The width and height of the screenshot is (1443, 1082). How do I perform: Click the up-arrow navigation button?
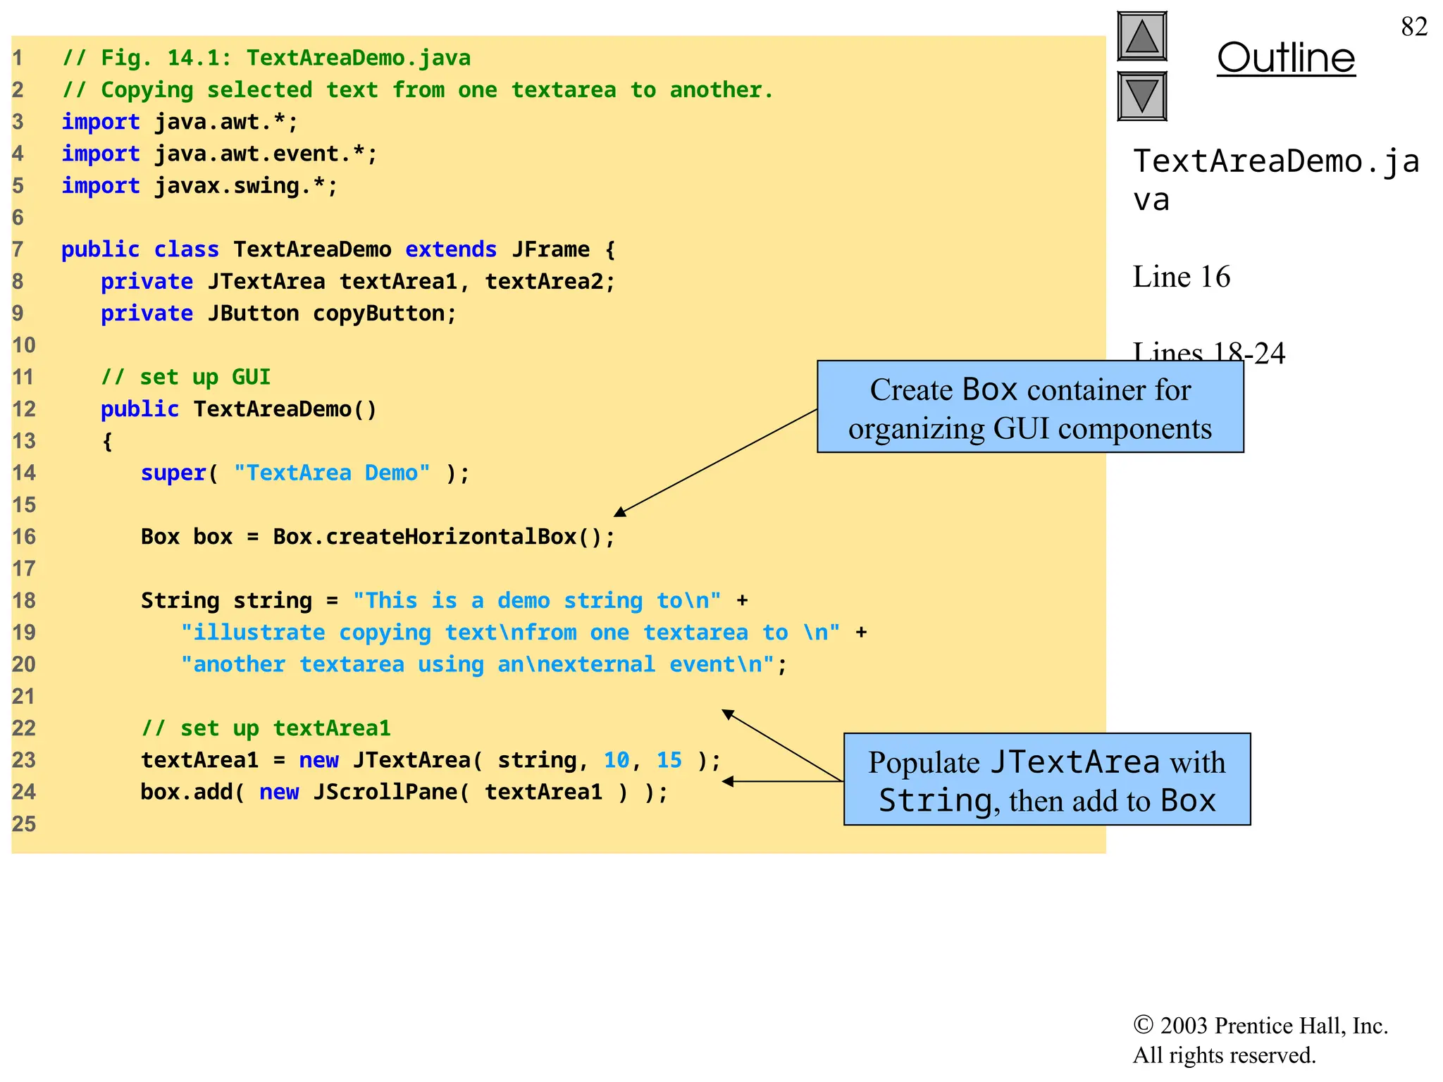pyautogui.click(x=1141, y=37)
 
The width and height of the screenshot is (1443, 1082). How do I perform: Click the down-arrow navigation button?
pyautogui.click(x=1141, y=96)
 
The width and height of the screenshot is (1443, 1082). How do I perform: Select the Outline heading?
pyautogui.click(x=1285, y=58)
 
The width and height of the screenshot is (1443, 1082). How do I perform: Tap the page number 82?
pyautogui.click(x=1413, y=27)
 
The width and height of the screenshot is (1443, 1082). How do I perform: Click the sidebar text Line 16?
pyautogui.click(x=1181, y=277)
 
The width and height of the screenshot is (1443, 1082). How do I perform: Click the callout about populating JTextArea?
pyautogui.click(x=1046, y=779)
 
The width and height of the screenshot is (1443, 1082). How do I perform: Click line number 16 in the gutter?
pyautogui.click(x=23, y=537)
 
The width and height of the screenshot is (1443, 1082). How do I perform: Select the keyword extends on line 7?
pyautogui.click(x=451, y=249)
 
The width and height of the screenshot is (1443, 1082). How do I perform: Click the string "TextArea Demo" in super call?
pyautogui.click(x=331, y=473)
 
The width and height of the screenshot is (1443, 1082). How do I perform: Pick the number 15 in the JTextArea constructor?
pyautogui.click(x=669, y=760)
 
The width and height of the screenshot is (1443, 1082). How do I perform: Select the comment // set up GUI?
pyautogui.click(x=185, y=377)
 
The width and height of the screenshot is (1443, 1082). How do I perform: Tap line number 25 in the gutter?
pyautogui.click(x=23, y=823)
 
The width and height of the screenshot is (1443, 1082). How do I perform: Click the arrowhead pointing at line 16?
pyautogui.click(x=619, y=512)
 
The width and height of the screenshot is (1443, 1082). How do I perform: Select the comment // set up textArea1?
pyautogui.click(x=266, y=728)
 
